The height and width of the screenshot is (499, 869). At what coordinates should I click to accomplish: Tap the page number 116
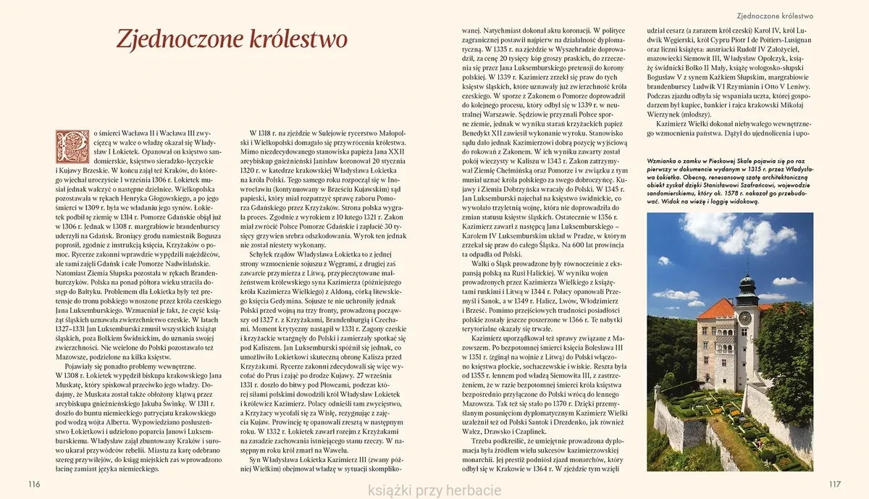(x=33, y=483)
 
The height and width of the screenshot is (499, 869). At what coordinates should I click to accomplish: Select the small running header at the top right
(x=774, y=14)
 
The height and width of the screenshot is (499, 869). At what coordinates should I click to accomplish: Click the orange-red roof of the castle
(x=715, y=311)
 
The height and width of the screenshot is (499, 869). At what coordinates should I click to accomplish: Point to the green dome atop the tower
(x=746, y=279)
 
